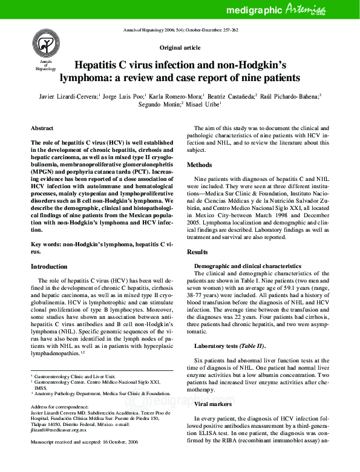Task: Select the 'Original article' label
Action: (x=180, y=47)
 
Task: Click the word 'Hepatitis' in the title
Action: (x=99, y=65)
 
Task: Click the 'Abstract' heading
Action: (x=42, y=129)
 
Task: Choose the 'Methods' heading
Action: (x=199, y=165)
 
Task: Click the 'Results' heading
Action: (x=197, y=251)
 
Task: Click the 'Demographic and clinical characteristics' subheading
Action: (x=247, y=266)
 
